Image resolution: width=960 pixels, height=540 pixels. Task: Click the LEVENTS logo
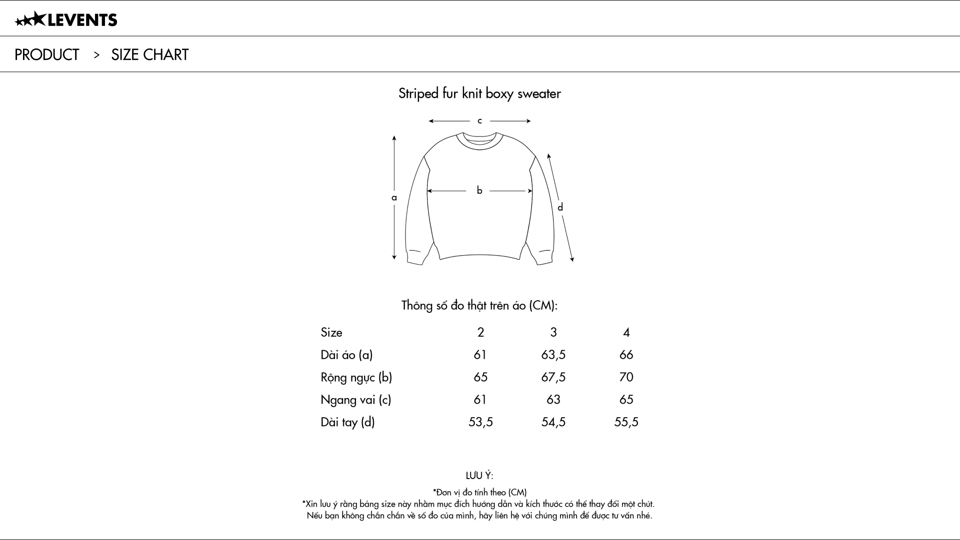66,20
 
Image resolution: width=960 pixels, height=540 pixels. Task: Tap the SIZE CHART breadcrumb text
149,54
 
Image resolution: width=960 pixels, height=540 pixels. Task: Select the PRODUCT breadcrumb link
47,54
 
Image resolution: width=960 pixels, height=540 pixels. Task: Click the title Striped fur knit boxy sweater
479,93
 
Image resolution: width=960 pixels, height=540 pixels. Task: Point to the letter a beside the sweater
394,198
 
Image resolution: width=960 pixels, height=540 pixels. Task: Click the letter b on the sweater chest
479,190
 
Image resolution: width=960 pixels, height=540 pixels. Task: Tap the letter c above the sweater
479,121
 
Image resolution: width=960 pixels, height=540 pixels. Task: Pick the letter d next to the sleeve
560,207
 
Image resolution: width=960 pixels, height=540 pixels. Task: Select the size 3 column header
553,332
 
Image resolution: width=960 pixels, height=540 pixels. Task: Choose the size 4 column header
626,332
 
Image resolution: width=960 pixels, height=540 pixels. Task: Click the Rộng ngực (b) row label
356,377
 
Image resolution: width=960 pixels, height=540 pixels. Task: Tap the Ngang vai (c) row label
355,400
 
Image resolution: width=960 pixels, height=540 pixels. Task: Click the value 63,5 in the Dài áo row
553,355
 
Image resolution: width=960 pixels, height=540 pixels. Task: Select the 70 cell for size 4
626,377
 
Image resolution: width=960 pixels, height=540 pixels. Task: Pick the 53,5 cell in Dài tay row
480,422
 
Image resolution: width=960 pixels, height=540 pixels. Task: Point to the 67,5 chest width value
553,377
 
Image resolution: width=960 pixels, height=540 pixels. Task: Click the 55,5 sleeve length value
626,422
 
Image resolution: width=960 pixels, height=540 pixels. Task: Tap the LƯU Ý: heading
479,476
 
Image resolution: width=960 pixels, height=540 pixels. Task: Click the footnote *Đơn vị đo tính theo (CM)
479,492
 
